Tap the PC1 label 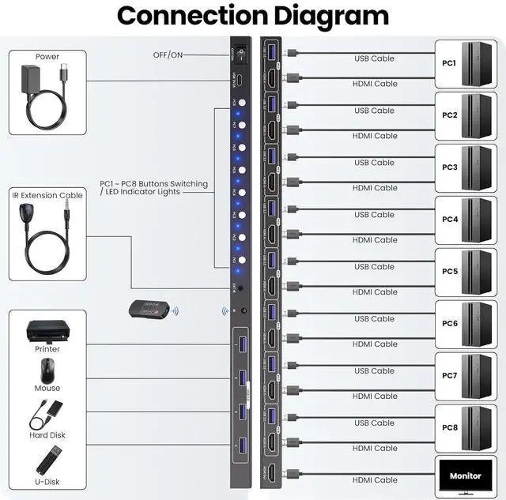coord(449,63)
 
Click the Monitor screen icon coord(465,476)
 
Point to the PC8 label coord(449,427)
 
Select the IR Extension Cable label coord(47,195)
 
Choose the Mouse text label coord(47,388)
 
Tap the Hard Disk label coord(47,435)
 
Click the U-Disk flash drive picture coord(47,461)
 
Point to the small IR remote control coord(150,311)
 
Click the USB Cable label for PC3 coord(374,163)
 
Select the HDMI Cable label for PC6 coord(375,344)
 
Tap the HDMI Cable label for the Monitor coord(375,480)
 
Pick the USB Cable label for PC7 coord(374,371)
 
